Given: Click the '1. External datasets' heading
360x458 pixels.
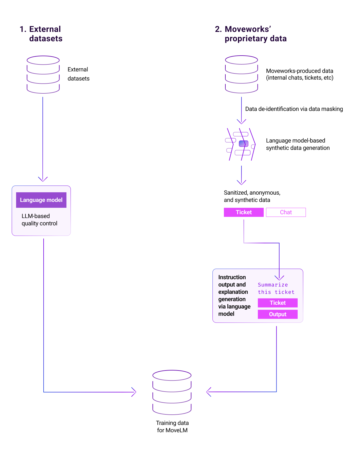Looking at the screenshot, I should [x=41, y=34].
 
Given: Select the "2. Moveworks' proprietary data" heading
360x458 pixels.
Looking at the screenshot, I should [x=251, y=34].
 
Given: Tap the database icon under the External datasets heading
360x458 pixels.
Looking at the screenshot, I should [x=43, y=74].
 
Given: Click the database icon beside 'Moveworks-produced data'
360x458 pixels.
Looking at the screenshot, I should [x=241, y=74].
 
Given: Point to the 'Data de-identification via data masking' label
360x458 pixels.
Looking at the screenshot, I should [x=294, y=109].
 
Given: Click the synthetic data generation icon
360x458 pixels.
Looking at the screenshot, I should [x=241, y=144].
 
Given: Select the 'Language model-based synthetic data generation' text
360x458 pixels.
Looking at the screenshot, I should [x=298, y=144].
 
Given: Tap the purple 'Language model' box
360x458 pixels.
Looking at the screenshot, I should [x=41, y=200].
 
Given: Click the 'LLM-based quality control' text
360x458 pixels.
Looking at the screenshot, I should [x=39, y=220].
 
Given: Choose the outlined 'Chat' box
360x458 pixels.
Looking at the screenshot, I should [x=286, y=212].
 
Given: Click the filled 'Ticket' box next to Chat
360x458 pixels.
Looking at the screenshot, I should [x=244, y=212].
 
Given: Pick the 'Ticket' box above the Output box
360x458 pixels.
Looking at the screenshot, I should [x=277, y=303].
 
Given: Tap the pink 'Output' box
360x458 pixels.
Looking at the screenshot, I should [x=277, y=314].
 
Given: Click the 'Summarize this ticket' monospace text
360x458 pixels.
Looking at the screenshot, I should [x=276, y=289].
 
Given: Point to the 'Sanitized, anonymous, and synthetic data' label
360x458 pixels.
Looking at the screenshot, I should [x=252, y=196].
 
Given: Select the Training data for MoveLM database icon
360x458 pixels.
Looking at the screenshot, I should [x=172, y=392].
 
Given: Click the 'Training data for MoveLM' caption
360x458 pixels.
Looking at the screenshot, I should [x=172, y=427].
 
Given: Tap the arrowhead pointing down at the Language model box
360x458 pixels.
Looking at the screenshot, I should [x=43, y=179].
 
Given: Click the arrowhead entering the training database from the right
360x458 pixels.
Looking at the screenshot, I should [x=208, y=392].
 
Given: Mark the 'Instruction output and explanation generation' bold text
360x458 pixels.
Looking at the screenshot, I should [x=234, y=296].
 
